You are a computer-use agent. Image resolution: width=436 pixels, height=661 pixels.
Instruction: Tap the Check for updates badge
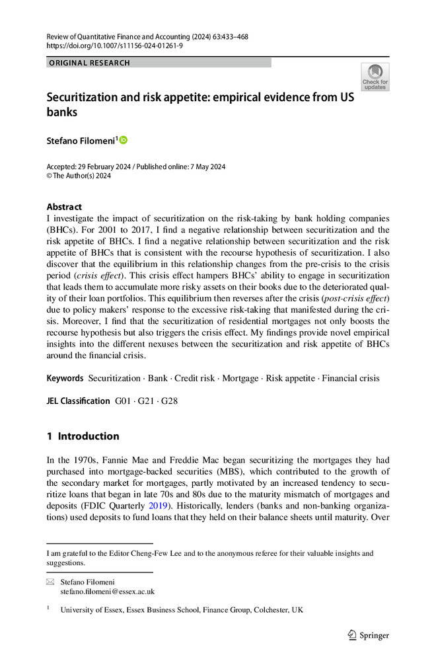(x=375, y=77)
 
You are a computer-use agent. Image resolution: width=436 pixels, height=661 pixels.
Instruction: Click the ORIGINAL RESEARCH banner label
(x=89, y=63)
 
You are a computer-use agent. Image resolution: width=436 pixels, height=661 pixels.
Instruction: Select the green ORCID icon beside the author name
(x=124, y=139)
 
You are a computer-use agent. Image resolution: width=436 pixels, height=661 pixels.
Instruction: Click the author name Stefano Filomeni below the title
(x=80, y=140)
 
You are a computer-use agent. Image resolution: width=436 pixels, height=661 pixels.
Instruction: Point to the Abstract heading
(x=64, y=206)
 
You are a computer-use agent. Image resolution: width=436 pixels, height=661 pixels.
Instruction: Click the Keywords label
(x=65, y=379)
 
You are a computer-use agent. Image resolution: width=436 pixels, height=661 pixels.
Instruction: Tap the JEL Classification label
(x=78, y=401)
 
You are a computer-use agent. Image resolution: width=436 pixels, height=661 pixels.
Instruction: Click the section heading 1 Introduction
(x=83, y=436)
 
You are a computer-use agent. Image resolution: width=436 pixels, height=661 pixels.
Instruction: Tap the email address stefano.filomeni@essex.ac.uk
(x=108, y=592)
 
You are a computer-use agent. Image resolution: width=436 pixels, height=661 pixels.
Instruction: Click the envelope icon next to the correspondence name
(x=50, y=582)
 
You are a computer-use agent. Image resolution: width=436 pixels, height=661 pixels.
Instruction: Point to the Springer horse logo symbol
(x=351, y=636)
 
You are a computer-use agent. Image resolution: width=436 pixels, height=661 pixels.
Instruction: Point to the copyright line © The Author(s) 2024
(x=79, y=176)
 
